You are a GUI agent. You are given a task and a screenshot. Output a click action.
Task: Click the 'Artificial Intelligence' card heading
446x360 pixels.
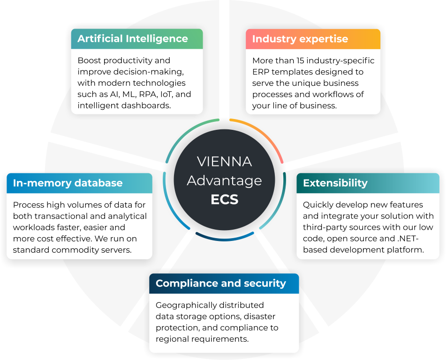click(x=133, y=39)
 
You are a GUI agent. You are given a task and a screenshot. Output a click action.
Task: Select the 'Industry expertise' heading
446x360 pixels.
click(x=300, y=39)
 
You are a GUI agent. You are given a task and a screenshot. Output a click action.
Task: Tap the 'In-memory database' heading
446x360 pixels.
click(x=68, y=183)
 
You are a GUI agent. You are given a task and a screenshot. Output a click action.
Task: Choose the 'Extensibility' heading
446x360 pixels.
click(x=335, y=183)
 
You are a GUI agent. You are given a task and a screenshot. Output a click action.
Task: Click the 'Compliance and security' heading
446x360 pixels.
click(x=221, y=283)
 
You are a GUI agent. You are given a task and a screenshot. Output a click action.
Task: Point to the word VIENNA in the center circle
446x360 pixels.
click(x=225, y=162)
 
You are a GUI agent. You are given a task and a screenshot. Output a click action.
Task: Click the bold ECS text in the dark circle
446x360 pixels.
click(x=225, y=199)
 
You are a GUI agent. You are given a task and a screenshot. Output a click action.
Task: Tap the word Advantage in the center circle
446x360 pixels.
click(x=225, y=181)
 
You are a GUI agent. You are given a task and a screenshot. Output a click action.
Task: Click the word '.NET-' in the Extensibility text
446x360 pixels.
click(x=408, y=238)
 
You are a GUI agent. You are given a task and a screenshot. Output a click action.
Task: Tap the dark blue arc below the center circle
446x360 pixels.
click(x=225, y=238)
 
